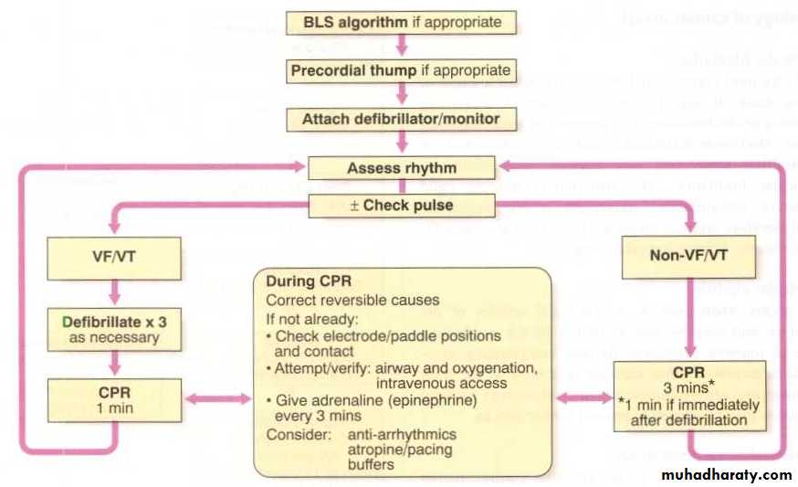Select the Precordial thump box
(402, 69)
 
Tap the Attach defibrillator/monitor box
(402, 119)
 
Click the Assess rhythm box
(402, 168)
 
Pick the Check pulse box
(402, 205)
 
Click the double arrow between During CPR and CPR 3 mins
(584, 399)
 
